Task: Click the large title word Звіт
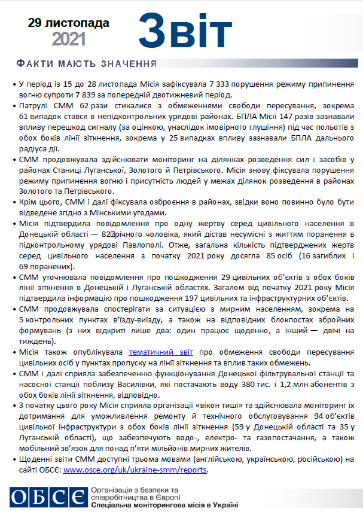click(x=185, y=30)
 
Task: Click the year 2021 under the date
click(x=69, y=39)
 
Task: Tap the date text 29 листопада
click(x=69, y=23)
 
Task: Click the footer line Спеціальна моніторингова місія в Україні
click(x=164, y=505)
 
